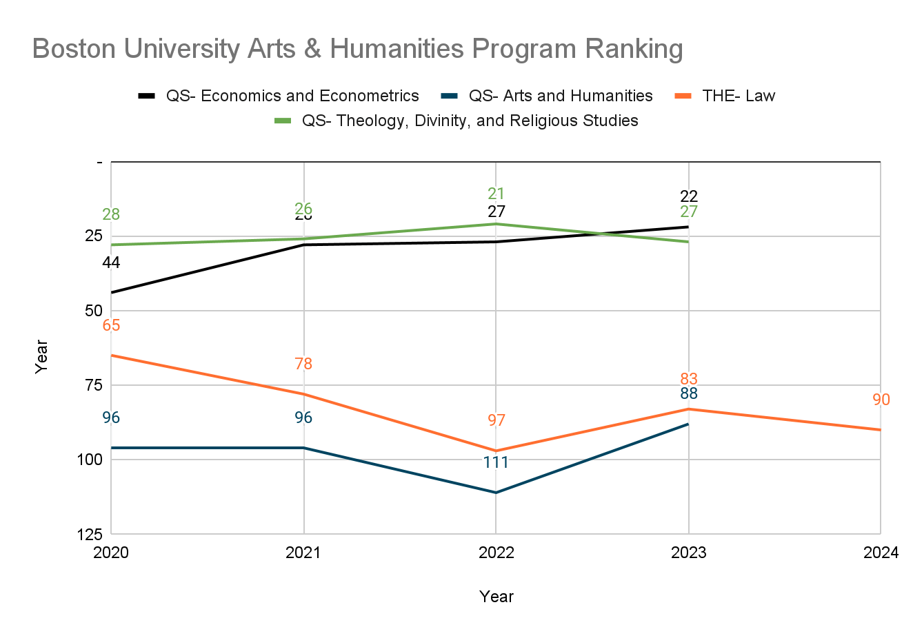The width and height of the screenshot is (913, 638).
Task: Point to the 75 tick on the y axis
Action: tap(93, 385)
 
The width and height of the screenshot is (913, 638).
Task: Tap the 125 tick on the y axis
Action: tap(90, 534)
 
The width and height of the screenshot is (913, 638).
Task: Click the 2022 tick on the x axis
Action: tap(496, 553)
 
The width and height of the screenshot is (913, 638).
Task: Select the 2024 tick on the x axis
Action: tap(881, 553)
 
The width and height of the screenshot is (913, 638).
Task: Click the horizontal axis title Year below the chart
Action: tap(496, 597)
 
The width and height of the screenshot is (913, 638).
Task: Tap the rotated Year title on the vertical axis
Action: tap(42, 356)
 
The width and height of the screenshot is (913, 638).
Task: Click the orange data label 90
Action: tap(881, 400)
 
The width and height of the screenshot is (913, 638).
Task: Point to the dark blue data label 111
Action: tap(496, 462)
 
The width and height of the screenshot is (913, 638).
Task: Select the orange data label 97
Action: tap(496, 420)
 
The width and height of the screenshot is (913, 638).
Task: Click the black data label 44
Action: tap(111, 263)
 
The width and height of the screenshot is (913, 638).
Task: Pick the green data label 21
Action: tap(496, 194)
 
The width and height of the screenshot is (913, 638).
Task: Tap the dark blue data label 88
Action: tap(688, 394)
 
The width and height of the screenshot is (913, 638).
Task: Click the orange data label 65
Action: tap(111, 325)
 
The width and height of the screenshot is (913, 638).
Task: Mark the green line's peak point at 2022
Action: tap(496, 224)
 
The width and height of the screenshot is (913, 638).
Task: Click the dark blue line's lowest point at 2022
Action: tap(496, 493)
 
